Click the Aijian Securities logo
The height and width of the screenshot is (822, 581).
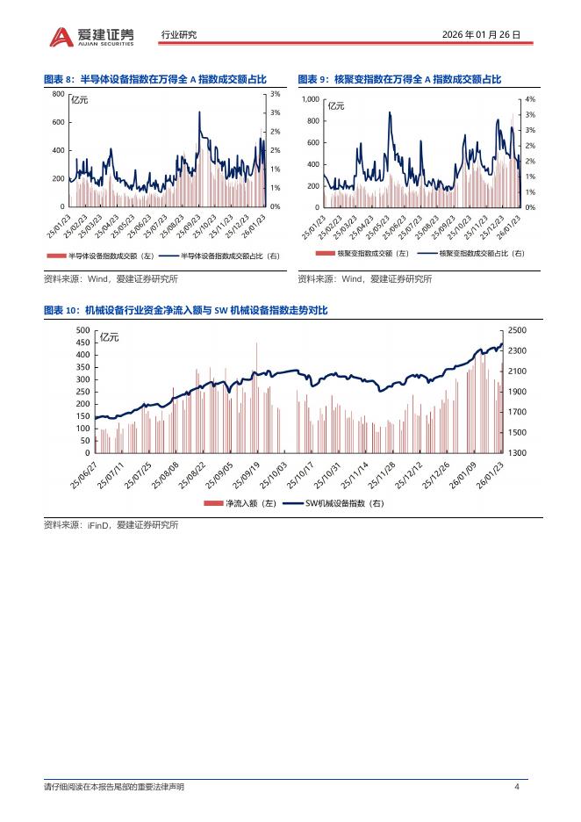91,35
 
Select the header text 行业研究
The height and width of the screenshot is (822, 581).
179,35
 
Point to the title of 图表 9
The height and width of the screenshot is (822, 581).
399,79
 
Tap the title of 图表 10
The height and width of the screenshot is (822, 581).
185,311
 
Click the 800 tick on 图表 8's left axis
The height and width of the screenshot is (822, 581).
58,94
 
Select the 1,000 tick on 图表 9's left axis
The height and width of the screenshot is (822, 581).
311,100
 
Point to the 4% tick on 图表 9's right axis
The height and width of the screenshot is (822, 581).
530,100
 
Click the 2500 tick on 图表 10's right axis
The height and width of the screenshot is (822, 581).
517,330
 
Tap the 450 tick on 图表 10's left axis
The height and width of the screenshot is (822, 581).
82,342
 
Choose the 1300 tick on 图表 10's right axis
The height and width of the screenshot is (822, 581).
517,453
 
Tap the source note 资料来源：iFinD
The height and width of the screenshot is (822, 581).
111,525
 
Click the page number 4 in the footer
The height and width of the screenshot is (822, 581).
518,786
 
